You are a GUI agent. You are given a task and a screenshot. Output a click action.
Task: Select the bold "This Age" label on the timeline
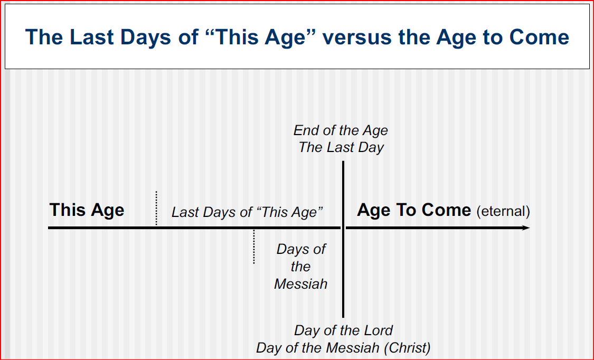(x=87, y=210)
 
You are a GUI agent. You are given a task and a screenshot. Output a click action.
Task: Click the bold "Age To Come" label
(x=414, y=210)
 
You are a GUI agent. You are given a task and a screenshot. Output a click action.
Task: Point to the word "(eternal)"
(x=503, y=211)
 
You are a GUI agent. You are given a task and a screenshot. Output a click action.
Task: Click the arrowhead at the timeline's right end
(x=525, y=228)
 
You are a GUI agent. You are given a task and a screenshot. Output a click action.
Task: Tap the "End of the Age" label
(x=341, y=130)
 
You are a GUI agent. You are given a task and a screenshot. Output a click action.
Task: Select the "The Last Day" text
(x=341, y=147)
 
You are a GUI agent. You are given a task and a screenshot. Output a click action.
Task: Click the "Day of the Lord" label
(x=343, y=330)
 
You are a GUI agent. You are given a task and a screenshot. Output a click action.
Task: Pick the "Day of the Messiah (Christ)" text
(x=343, y=348)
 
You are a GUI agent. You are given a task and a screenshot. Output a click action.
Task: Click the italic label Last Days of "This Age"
(x=247, y=212)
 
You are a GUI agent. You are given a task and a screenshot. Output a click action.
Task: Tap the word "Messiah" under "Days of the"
(x=300, y=284)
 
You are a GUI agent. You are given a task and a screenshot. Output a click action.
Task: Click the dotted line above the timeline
(x=156, y=208)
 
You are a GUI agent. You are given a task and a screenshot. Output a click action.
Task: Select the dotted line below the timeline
(x=254, y=247)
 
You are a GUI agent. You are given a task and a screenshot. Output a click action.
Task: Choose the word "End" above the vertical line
(x=305, y=130)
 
